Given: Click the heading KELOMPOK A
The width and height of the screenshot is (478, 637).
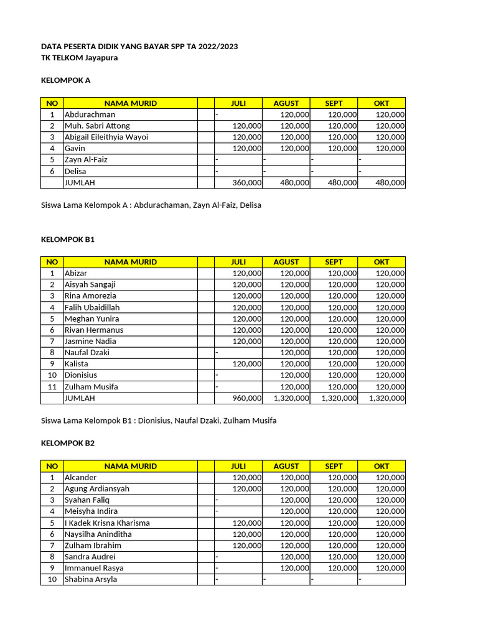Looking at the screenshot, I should pyautogui.click(x=65, y=80).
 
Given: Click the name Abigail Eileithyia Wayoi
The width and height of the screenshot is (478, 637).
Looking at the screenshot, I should pyautogui.click(x=106, y=137).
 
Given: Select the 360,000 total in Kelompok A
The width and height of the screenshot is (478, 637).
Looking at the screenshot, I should pyautogui.click(x=247, y=183).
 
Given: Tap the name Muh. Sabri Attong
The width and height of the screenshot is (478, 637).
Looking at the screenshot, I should pyautogui.click(x=97, y=126).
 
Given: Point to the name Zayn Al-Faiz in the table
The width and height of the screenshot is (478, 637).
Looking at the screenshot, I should pyautogui.click(x=86, y=160).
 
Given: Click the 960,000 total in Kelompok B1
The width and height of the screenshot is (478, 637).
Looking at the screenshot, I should pyautogui.click(x=247, y=398).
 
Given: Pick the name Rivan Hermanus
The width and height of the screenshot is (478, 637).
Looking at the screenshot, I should pyautogui.click(x=94, y=330).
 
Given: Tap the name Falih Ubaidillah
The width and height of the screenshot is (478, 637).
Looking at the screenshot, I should pyautogui.click(x=92, y=307).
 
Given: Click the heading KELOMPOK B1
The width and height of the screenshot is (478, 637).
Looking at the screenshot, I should pyautogui.click(x=67, y=239).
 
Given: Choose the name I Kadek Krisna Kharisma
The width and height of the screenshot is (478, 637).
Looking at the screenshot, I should pyautogui.click(x=107, y=523).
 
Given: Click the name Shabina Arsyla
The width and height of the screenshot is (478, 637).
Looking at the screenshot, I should pyautogui.click(x=91, y=580).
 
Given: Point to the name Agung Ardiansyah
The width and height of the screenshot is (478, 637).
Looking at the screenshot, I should pyautogui.click(x=97, y=489).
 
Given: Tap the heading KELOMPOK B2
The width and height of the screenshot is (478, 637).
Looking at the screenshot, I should pyautogui.click(x=67, y=443).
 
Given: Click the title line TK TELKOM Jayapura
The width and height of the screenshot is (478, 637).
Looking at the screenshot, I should pyautogui.click(x=79, y=58).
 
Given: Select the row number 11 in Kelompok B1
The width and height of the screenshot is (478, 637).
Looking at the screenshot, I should pyautogui.click(x=52, y=386).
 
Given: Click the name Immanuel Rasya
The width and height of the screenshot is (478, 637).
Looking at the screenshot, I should pyautogui.click(x=94, y=568).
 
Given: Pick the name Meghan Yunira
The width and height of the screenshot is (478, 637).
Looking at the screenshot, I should pyautogui.click(x=91, y=318).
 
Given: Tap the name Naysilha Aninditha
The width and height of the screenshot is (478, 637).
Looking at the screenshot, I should pyautogui.click(x=98, y=534).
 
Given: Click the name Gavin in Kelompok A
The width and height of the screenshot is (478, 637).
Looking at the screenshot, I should pyautogui.click(x=75, y=148).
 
